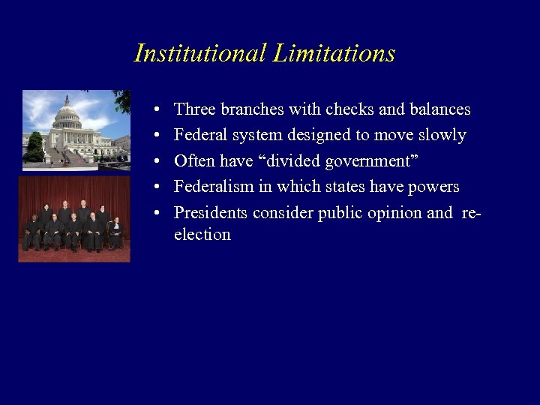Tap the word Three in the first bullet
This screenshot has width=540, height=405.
[x=192, y=109]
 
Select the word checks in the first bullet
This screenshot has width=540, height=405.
[x=349, y=109]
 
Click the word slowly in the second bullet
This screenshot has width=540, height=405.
[x=444, y=136]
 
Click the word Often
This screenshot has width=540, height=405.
[x=194, y=161]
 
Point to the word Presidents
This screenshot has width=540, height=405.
[x=211, y=213]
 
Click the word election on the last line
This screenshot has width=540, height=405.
[x=202, y=235]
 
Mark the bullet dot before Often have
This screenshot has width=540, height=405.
[x=153, y=162]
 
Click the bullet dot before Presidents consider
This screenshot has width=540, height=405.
[x=153, y=214]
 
